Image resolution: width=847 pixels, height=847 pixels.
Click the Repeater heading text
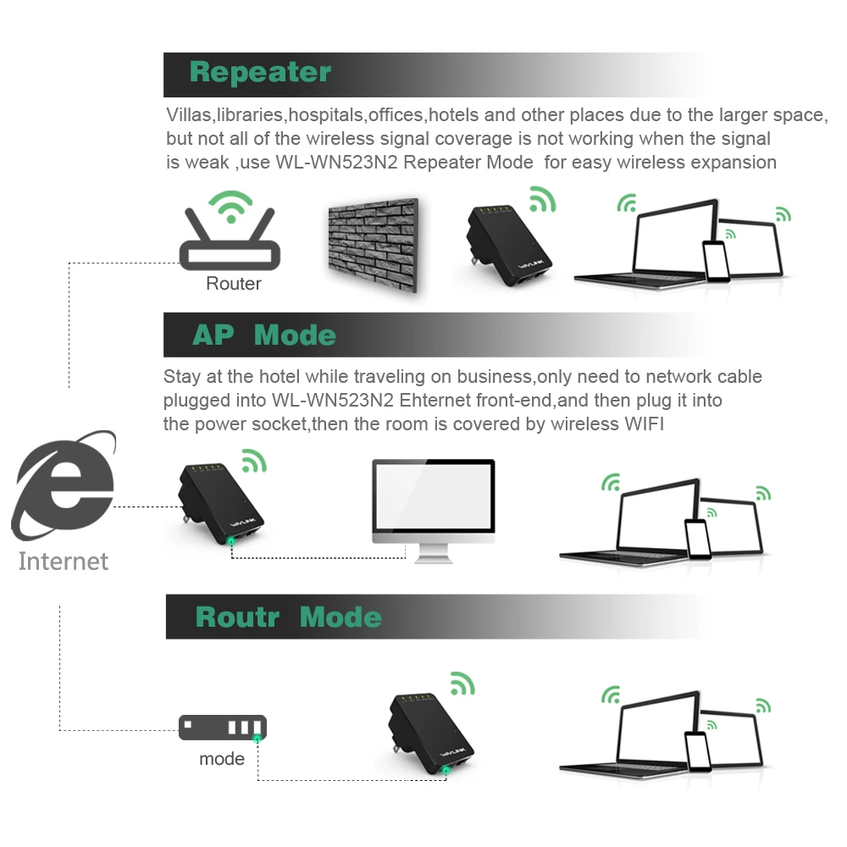pyautogui.click(x=260, y=73)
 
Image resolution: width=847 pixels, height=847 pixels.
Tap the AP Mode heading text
pyautogui.click(x=263, y=335)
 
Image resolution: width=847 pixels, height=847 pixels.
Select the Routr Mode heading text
pyautogui.click(x=288, y=617)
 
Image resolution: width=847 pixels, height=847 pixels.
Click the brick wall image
pyautogui.click(x=373, y=245)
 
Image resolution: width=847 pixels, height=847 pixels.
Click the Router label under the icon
pyautogui.click(x=234, y=284)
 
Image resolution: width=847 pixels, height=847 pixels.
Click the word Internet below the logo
pyautogui.click(x=64, y=561)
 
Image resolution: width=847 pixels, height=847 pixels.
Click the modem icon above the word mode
pyautogui.click(x=222, y=727)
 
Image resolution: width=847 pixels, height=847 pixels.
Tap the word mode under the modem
pyautogui.click(x=222, y=758)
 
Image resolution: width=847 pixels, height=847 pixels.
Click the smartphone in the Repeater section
pyautogui.click(x=716, y=261)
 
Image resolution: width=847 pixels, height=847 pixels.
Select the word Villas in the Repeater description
pyautogui.click(x=188, y=115)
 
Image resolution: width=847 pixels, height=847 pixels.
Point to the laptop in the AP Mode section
pyautogui.click(x=627, y=525)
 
